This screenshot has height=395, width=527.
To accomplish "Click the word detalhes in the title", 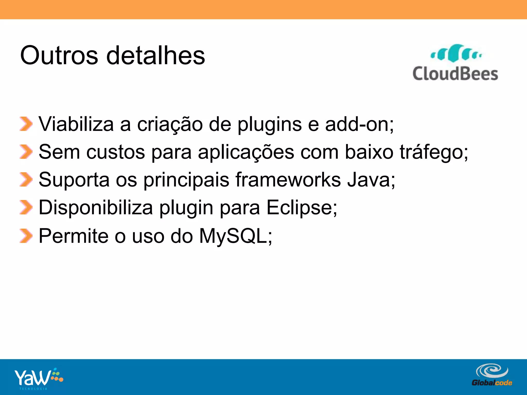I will (x=155, y=56).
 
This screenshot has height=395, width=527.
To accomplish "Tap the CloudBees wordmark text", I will (x=455, y=74).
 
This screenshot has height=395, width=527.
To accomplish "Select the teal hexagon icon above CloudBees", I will (x=456, y=53).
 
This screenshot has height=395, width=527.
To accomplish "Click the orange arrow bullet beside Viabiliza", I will (x=26, y=124).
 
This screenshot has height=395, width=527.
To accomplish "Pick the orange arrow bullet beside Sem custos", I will (x=26, y=152).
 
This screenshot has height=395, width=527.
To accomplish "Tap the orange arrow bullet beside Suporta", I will (x=26, y=179).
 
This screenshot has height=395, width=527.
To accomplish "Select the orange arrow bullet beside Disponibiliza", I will (x=26, y=207).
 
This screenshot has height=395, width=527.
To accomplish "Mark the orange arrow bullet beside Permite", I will (x=26, y=236).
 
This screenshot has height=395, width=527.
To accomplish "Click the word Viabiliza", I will (x=76, y=124).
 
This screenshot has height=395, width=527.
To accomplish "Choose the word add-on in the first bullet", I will (x=357, y=124).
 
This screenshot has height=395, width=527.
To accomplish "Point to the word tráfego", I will (x=432, y=152).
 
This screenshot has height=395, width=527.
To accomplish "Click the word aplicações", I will (x=246, y=152).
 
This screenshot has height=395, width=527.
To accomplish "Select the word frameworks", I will (x=288, y=179).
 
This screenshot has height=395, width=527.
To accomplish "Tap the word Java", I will (x=369, y=179).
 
